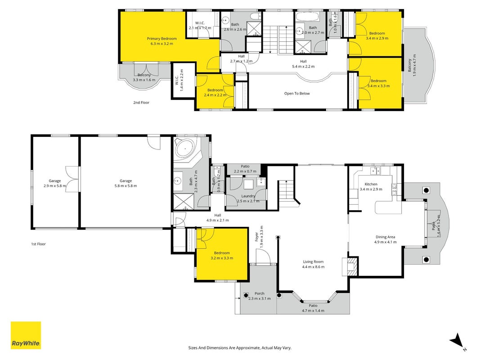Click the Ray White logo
(26, 335)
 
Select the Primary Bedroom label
(161, 39)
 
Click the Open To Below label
(297, 93)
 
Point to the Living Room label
(313, 262)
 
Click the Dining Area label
(385, 237)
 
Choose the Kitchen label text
(371, 184)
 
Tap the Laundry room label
(248, 196)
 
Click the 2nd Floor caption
(141, 103)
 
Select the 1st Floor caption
(38, 244)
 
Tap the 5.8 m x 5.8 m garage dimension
(126, 186)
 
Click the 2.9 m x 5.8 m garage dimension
(54, 186)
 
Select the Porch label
(259, 293)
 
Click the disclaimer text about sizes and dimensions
(240, 348)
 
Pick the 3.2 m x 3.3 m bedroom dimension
(222, 258)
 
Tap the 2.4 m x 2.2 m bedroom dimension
(215, 95)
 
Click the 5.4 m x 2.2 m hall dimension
(303, 67)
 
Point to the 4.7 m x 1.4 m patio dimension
(313, 310)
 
